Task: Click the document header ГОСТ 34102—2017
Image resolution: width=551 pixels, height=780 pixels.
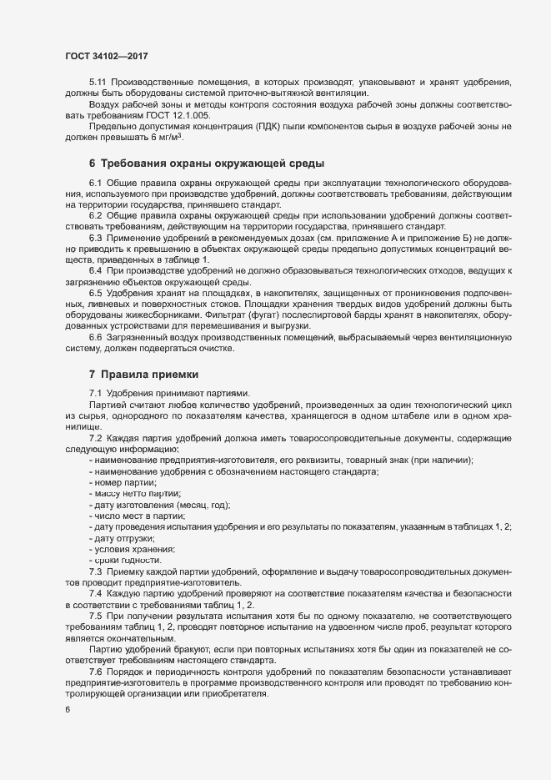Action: click(107, 57)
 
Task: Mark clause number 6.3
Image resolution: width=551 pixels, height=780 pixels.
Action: click(96, 226)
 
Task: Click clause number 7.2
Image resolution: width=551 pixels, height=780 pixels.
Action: click(96, 439)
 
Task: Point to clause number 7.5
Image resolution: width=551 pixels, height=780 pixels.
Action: click(96, 614)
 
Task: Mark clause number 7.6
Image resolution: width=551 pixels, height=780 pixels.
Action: click(96, 672)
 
